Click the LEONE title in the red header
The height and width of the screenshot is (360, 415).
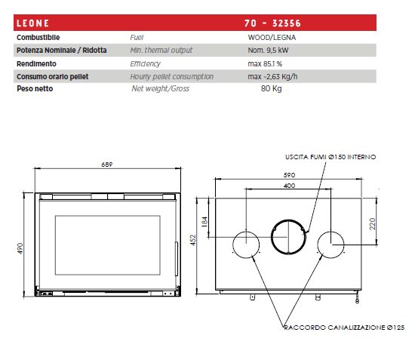[32, 23]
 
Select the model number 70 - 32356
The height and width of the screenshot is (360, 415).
[272, 23]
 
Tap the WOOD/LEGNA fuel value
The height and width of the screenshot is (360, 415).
[272, 38]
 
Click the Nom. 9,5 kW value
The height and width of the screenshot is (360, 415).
[268, 51]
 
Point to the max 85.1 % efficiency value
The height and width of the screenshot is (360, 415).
[265, 64]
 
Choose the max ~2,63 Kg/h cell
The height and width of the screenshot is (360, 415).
[272, 77]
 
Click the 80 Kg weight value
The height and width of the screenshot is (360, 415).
[272, 88]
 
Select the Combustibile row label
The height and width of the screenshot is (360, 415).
[38, 38]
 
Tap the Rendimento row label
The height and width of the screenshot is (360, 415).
[36, 64]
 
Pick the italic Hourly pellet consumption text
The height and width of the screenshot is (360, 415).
[171, 77]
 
